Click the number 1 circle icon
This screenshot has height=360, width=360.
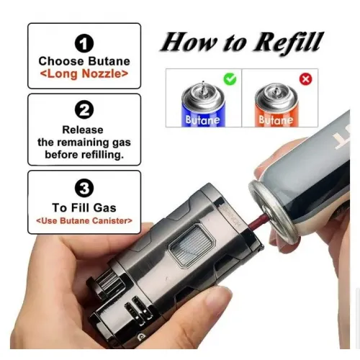[x=84, y=43]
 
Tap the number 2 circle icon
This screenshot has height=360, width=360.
[x=84, y=109]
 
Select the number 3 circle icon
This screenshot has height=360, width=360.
[x=84, y=188]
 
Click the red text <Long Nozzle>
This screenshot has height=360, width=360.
[x=84, y=73]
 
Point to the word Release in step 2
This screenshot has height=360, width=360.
[x=83, y=130]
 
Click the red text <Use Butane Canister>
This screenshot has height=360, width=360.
[x=84, y=220]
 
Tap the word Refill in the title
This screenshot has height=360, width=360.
[x=287, y=42]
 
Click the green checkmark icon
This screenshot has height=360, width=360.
[x=230, y=79]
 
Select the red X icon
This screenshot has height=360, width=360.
[x=306, y=79]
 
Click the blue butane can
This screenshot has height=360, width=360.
[x=203, y=104]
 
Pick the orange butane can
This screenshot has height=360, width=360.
[x=276, y=105]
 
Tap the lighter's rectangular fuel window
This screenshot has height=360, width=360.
[x=192, y=243]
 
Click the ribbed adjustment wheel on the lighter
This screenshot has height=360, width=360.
[x=111, y=283]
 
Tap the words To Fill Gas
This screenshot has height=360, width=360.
[x=84, y=207]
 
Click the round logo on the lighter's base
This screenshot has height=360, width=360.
[x=140, y=337]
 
